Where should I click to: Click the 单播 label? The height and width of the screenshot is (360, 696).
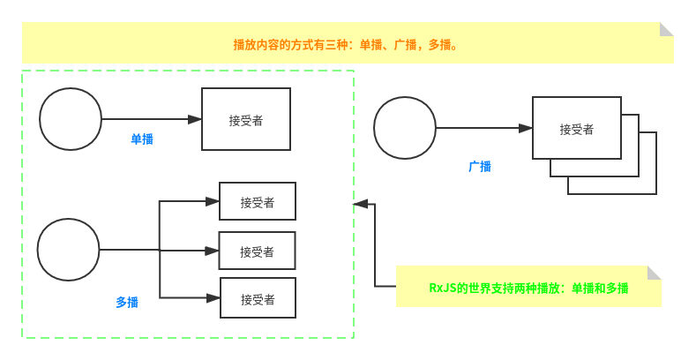click(142, 139)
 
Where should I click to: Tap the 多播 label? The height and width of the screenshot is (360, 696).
click(127, 302)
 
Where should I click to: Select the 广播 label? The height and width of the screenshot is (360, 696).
click(480, 166)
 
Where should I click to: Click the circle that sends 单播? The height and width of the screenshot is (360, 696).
click(71, 119)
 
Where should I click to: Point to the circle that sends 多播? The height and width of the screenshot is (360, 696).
click(68, 250)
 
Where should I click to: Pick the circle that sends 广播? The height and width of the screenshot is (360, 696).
click(405, 128)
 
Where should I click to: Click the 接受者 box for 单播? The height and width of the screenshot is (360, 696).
click(246, 119)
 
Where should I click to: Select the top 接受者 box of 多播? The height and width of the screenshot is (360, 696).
click(258, 201)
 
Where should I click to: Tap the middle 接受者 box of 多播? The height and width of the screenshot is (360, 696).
click(257, 251)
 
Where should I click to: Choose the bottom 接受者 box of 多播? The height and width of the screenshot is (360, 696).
click(258, 298)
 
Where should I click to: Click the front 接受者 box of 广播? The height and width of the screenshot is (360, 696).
click(576, 128)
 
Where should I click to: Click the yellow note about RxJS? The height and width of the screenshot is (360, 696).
click(528, 287)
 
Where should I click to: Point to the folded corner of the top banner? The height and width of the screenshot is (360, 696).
click(667, 29)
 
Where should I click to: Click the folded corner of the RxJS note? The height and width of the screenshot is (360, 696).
click(655, 273)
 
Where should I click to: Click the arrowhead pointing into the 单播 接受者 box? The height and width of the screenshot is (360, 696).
click(195, 119)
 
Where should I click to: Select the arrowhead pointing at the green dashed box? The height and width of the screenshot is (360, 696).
click(360, 204)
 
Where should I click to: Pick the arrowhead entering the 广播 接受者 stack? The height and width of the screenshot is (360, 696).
click(526, 128)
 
